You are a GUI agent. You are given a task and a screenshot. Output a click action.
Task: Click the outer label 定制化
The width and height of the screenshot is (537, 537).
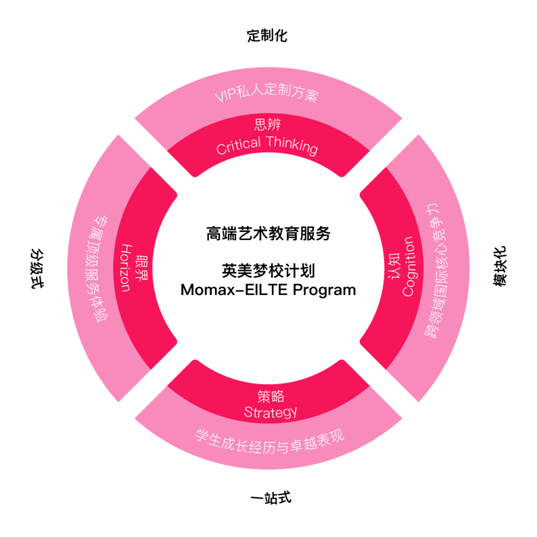coord(267,36)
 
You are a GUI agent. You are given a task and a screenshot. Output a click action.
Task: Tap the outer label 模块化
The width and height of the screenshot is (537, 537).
coord(500,266)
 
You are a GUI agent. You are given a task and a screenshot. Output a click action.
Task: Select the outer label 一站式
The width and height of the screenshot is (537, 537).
coord(271,498)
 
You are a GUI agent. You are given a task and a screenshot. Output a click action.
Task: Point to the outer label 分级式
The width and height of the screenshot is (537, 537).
coord(37,269)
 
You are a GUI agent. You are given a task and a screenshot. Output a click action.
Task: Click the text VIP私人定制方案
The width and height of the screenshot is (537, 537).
coord(266,92)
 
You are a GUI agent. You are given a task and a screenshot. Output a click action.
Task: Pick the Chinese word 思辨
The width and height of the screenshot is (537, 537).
coord(267,124)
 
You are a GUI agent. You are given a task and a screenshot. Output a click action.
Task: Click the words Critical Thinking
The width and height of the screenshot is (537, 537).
coord(267,145)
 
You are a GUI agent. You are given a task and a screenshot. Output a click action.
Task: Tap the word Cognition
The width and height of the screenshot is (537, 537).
coord(408,266)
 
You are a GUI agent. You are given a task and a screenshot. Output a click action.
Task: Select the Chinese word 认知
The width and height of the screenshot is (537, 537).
coord(394,266)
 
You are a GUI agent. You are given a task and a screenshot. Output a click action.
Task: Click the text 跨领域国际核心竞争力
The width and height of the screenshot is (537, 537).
coord(436,271)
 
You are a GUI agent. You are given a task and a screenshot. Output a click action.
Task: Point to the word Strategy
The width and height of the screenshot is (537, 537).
coord(271,413)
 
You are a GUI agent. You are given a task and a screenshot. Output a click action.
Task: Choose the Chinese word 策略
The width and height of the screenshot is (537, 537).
coord(271,396)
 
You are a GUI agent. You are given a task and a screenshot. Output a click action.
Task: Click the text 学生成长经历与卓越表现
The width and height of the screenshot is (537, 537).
coord(270,442)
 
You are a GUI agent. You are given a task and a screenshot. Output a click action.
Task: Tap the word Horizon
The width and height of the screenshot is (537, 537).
coord(126,268)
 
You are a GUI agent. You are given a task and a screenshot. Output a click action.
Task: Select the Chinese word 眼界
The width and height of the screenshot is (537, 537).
coord(141,268)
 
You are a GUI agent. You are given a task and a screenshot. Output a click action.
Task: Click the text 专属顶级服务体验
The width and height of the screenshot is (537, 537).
coord(99,269)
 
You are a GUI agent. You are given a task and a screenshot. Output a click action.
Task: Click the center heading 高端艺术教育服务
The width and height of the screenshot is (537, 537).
coord(268,234)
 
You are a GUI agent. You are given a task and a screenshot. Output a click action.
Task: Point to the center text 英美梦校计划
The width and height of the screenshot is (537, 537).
coord(268,271)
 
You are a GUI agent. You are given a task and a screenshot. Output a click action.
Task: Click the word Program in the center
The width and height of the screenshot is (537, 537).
coord(325,290)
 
